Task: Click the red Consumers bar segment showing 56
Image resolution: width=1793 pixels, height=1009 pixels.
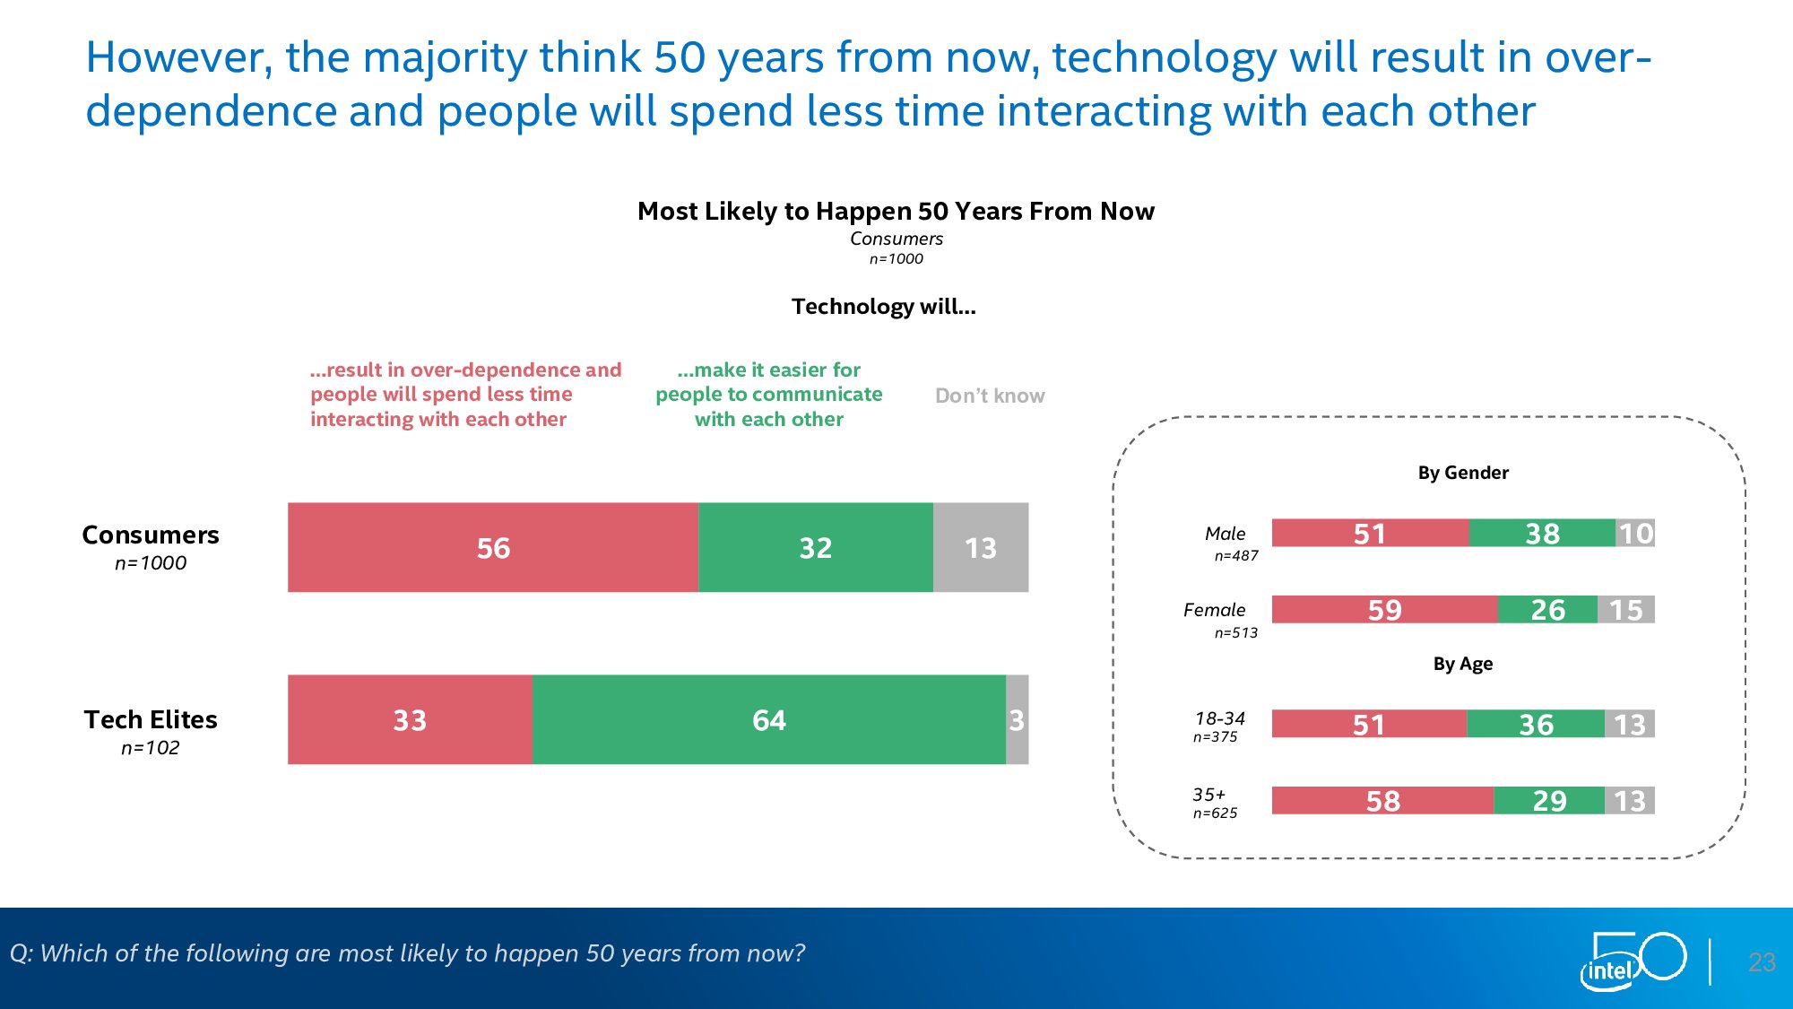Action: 493,547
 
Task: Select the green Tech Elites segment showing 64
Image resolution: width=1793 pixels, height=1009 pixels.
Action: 768,719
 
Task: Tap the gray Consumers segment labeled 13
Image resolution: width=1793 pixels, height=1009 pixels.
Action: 980,547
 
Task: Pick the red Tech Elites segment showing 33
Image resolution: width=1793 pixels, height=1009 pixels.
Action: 410,719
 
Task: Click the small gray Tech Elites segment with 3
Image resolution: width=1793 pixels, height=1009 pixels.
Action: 1017,719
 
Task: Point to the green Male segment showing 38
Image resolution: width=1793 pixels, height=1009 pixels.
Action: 1542,533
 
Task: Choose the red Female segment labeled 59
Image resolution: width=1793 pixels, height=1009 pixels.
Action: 1384,610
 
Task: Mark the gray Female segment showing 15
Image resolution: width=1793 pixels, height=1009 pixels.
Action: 1625,610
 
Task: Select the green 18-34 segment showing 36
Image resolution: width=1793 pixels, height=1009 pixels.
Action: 1536,724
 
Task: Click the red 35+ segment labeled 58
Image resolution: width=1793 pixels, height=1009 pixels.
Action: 1382,800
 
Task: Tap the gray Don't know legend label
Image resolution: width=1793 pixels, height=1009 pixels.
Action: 990,396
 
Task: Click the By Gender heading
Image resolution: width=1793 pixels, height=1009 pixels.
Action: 1463,473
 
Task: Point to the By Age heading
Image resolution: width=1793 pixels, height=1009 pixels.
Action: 1463,664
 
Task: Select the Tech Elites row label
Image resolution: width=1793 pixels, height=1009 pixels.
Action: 151,719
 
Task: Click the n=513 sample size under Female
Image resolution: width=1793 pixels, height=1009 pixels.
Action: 1235,632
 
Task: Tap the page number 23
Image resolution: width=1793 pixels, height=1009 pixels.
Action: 1762,962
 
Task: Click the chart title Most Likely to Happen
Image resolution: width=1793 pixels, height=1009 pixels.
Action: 896,211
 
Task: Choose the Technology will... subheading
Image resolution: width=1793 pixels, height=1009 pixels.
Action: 883,307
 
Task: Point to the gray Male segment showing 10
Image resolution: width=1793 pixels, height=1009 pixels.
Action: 1635,533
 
